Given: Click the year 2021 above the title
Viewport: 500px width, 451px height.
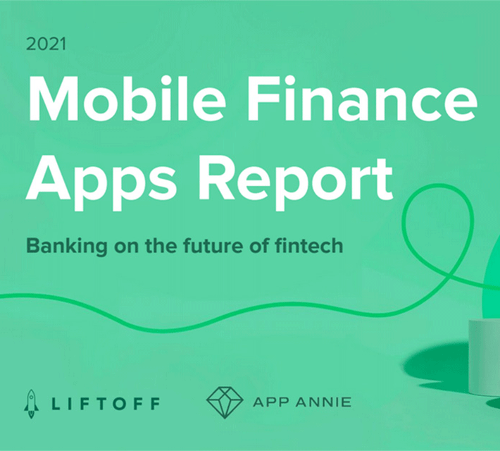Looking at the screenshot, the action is [x=46, y=44].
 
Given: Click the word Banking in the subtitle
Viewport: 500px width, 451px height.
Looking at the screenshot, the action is [x=67, y=247].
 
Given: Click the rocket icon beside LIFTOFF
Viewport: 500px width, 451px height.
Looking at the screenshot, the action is [x=31, y=404].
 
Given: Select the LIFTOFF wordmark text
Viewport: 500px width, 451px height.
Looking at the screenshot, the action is [x=106, y=404].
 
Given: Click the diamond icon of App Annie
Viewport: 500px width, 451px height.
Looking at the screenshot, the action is [x=225, y=402].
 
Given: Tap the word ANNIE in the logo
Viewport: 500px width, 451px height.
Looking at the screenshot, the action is [x=324, y=402].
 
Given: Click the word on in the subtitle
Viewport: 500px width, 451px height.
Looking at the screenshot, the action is [x=126, y=247].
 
